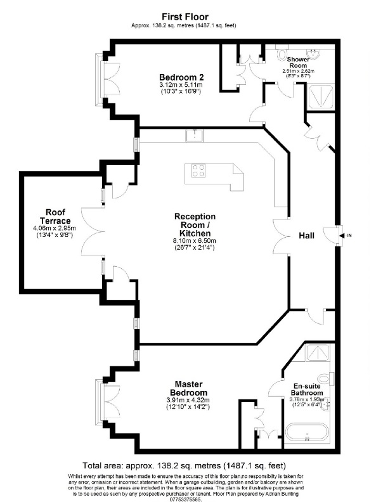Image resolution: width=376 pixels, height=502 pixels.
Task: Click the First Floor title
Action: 185,16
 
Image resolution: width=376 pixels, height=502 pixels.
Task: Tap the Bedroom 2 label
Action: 181,77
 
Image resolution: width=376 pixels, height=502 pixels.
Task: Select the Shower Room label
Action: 298,62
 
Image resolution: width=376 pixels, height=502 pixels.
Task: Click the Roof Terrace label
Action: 55,216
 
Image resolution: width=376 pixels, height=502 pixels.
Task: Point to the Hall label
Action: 306,236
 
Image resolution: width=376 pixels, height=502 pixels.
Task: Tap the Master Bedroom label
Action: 189,389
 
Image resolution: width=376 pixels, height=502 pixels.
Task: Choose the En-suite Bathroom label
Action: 306,390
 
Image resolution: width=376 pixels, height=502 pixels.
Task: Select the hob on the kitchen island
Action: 198,170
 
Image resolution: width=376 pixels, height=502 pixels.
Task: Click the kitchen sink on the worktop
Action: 194,136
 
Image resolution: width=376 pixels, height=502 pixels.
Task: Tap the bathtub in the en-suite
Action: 307,432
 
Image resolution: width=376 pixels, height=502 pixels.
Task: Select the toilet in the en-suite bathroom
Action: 325,379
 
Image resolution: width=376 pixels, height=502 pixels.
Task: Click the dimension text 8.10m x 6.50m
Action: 195,241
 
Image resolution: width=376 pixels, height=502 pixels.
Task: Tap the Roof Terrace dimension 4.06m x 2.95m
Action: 55,228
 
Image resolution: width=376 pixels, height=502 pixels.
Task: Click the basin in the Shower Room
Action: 313,53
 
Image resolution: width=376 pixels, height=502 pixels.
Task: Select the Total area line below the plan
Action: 184,465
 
